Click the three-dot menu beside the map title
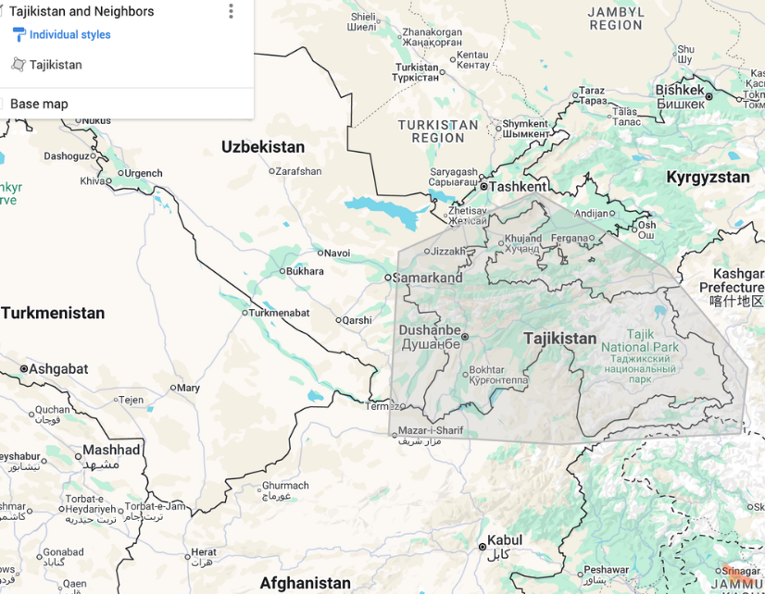[231, 11]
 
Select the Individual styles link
[69, 35]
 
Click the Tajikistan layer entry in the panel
[56, 65]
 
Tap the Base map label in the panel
[39, 104]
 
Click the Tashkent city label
[518, 186]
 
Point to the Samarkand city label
[428, 278]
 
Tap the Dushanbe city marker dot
[465, 337]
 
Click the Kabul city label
[505, 540]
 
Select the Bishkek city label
[680, 90]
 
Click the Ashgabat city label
[58, 369]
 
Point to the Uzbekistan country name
[263, 147]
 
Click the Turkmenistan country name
[53, 314]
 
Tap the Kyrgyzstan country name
[708, 177]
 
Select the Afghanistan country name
[305, 583]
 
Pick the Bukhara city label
[306, 271]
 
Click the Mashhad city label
[111, 451]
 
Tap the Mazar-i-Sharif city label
[431, 430]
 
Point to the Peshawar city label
[607, 570]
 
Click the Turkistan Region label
[438, 131]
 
